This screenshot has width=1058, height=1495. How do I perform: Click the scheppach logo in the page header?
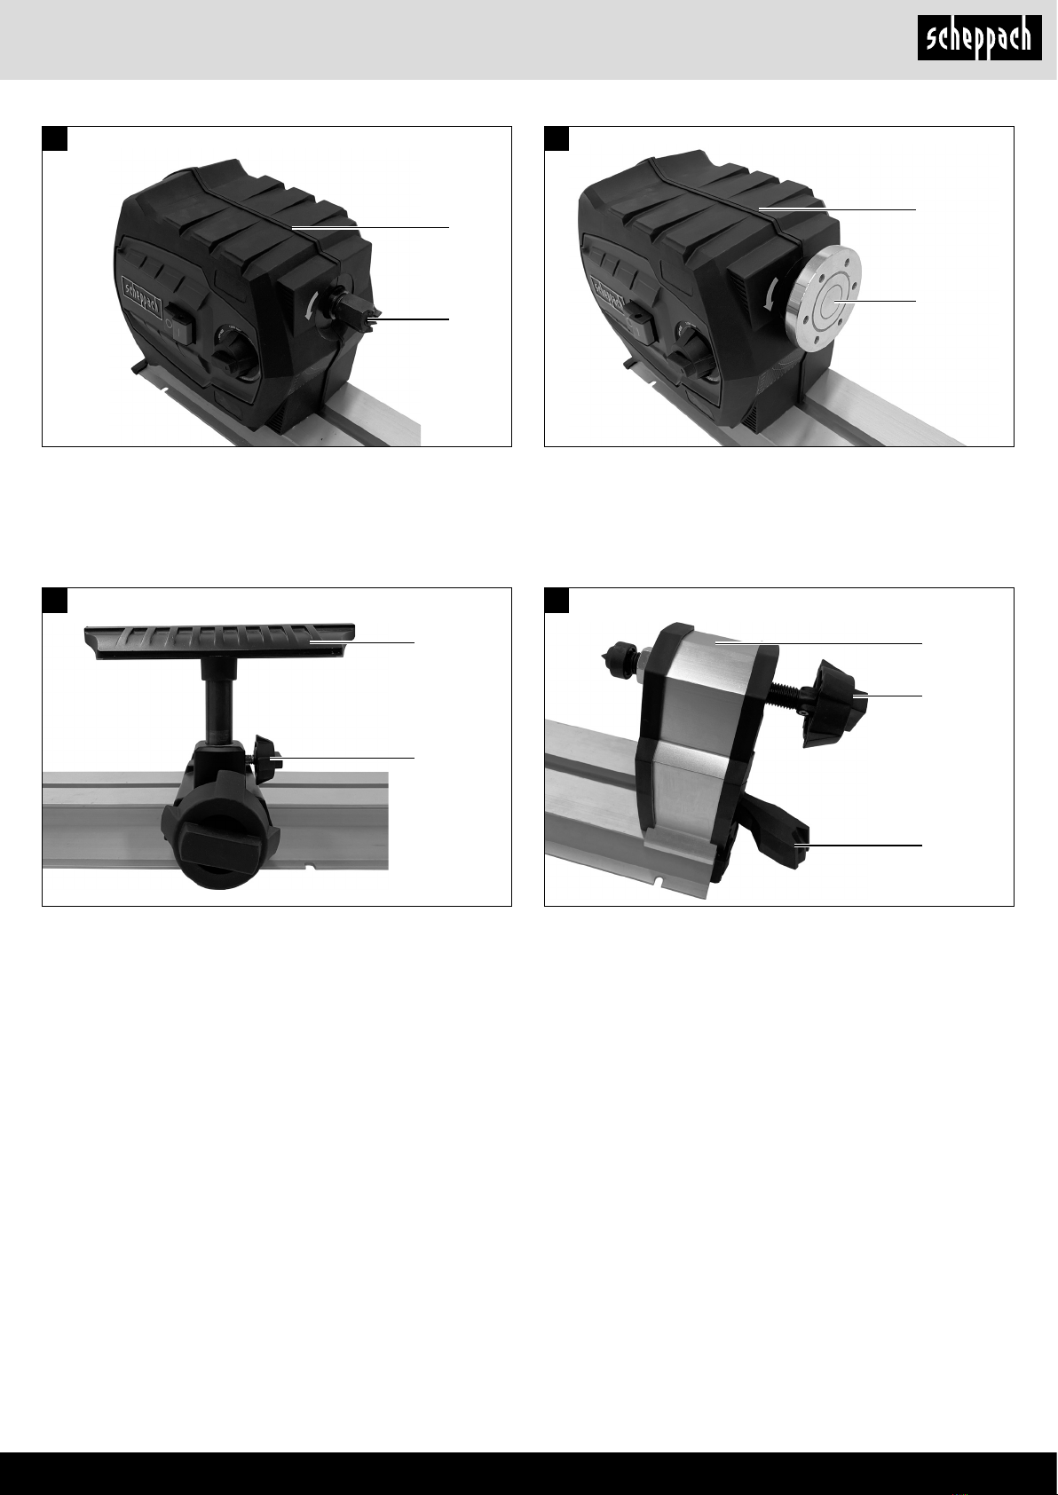[x=979, y=38]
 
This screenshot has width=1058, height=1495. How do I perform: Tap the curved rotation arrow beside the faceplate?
[x=771, y=295]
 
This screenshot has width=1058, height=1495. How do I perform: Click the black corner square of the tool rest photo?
[x=55, y=600]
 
